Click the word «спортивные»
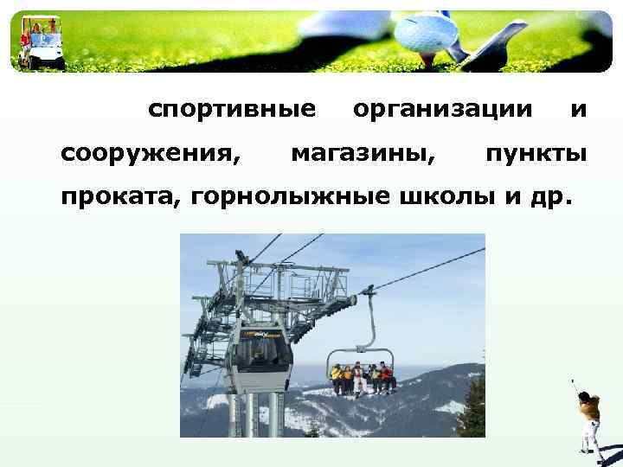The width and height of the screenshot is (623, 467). (231, 110)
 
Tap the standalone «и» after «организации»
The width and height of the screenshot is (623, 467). (579, 110)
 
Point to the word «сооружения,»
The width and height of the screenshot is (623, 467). (150, 155)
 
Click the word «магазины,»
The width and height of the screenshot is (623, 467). (363, 155)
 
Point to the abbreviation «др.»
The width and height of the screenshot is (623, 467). (549, 198)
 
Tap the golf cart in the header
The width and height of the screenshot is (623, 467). (42, 43)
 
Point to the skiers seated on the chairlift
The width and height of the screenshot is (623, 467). (362, 377)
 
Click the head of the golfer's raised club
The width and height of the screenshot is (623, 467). (572, 381)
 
